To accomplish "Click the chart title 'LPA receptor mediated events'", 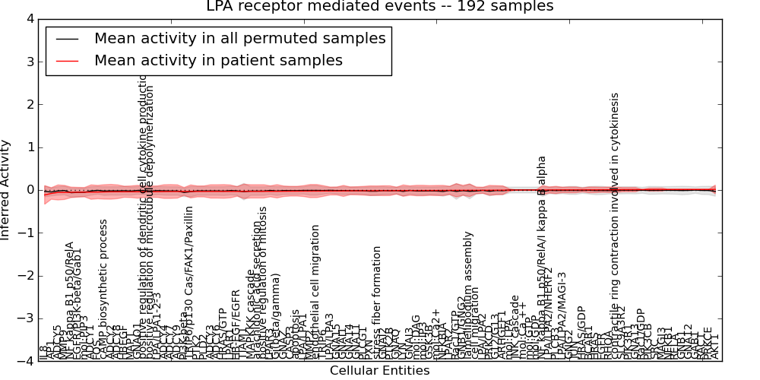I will point(379,7).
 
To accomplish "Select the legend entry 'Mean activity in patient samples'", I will point(218,60).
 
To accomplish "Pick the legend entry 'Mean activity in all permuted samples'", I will point(239,38).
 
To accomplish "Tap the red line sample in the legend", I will point(67,60).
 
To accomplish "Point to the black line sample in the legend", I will point(67,38).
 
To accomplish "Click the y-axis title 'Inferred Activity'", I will point(7,190).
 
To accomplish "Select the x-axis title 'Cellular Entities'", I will point(379,371).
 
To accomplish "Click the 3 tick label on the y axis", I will point(30,62).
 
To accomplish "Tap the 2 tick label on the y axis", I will point(30,104).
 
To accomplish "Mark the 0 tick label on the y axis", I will point(30,190).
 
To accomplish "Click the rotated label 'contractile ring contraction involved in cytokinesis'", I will point(615,228).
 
